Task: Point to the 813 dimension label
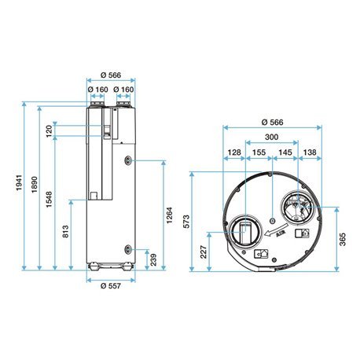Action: [65, 233]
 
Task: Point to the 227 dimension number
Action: [204, 252]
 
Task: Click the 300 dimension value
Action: [271, 138]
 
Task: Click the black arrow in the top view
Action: [274, 231]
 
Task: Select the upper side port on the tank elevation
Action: [125, 160]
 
